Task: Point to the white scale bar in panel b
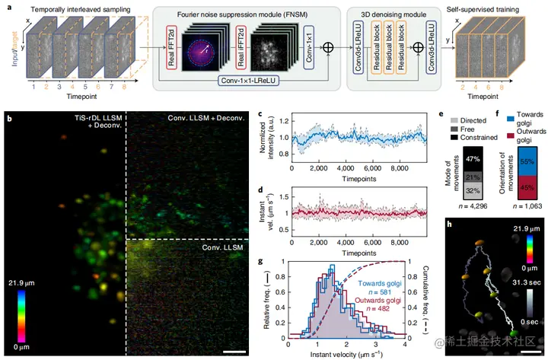(x=234, y=352)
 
